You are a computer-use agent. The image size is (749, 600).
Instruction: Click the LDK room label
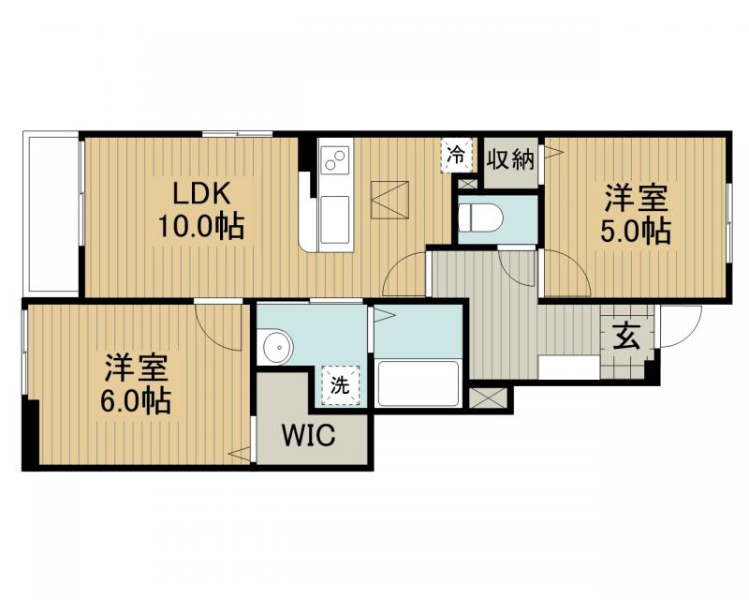[200, 195]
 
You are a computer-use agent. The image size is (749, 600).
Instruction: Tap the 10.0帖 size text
[200, 226]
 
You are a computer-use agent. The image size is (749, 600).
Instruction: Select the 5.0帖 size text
[636, 232]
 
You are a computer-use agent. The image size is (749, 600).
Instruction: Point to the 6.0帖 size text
[135, 401]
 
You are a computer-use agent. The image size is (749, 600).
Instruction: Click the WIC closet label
[308, 435]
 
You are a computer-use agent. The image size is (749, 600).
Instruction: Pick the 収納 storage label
[510, 159]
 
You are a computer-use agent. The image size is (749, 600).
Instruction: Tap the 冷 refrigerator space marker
[456, 155]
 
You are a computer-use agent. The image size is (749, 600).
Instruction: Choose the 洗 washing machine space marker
[340, 385]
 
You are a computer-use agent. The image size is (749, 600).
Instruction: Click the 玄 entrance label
[626, 337]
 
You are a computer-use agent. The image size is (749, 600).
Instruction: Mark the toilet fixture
[480, 218]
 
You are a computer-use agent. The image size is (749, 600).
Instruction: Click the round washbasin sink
[276, 346]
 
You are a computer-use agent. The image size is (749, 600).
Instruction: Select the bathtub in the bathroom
[418, 383]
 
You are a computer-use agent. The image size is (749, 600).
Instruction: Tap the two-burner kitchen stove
[335, 158]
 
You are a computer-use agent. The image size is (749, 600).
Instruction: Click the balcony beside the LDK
[51, 214]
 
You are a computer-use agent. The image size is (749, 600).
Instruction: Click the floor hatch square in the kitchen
[389, 200]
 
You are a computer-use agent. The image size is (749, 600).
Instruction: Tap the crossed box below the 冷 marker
[466, 183]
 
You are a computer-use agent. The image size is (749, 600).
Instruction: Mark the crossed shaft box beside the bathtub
[487, 397]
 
